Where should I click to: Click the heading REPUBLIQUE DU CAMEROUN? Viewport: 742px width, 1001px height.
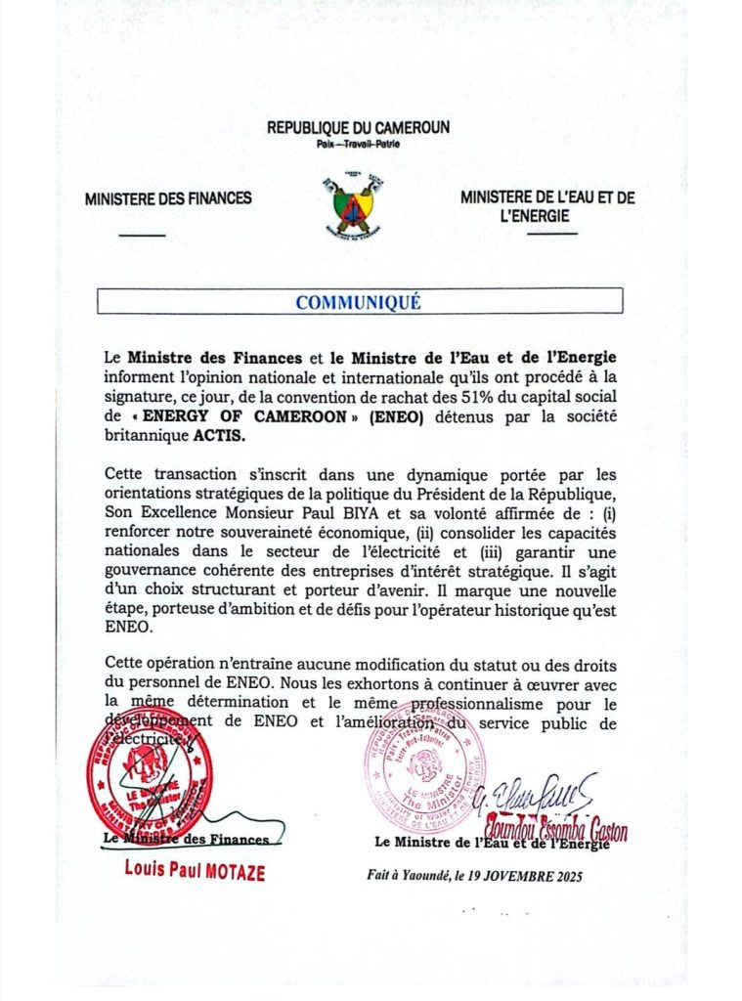358,128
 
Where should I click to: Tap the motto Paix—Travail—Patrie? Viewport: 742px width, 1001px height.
358,145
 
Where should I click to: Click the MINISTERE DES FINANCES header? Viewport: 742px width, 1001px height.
168,198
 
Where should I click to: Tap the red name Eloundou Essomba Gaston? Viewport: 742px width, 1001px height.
564,830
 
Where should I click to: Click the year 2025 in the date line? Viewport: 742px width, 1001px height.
564,876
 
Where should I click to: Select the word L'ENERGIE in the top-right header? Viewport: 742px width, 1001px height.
535,216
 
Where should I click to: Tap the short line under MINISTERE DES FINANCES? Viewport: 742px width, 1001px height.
142,235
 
